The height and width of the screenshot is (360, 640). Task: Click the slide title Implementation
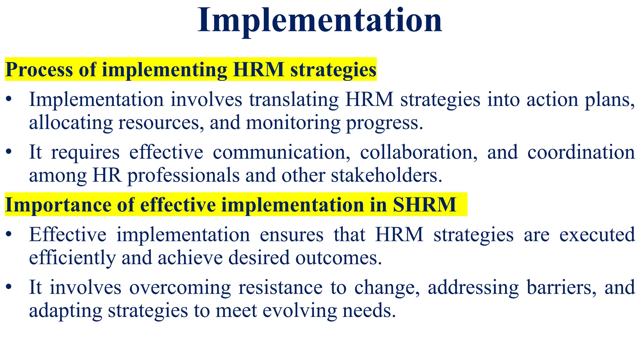(320, 21)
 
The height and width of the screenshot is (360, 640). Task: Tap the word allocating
(71, 123)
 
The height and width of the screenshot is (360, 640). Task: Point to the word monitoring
(293, 123)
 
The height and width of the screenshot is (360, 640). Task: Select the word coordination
(581, 152)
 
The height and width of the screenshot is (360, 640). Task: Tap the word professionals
(183, 175)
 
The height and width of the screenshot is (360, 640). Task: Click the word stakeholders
(387, 175)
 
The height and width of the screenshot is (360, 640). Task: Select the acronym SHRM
(424, 205)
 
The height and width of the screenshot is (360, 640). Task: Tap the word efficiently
(72, 258)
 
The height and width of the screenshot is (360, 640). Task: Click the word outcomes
(338, 258)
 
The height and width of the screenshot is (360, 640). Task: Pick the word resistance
(280, 287)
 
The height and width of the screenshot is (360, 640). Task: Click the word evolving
(299, 310)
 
